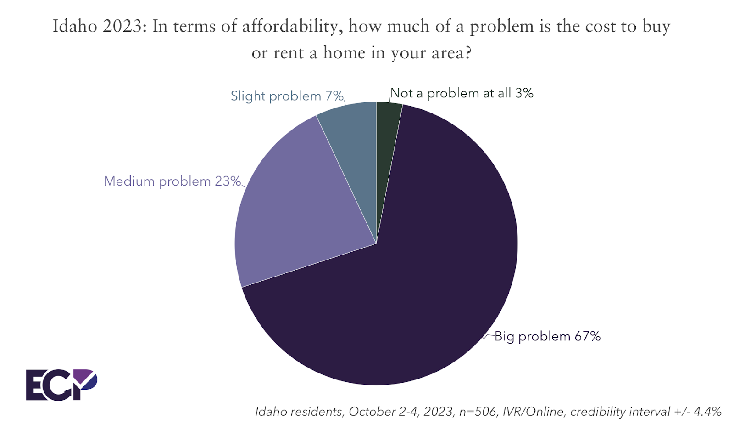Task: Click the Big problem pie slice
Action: click(413, 285)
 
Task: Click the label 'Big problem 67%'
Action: click(547, 336)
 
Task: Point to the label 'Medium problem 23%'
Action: click(172, 181)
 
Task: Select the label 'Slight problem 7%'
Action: click(287, 96)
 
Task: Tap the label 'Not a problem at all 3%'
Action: click(462, 93)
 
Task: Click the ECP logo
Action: click(61, 385)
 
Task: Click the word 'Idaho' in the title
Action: click(75, 26)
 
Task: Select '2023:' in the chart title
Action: click(125, 26)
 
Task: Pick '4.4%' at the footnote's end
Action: click(707, 411)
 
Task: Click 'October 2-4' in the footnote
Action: click(383, 411)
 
